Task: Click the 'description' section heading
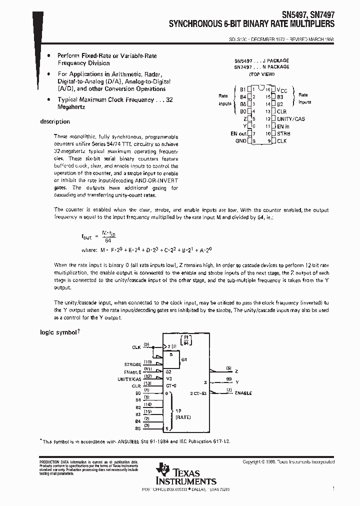(x=55, y=121)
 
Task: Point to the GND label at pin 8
(x=241, y=141)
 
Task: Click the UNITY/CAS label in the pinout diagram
(x=290, y=119)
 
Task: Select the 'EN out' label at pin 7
(x=238, y=134)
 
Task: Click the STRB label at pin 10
(x=283, y=134)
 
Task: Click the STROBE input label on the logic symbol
(x=132, y=365)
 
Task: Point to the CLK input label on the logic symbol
(x=136, y=346)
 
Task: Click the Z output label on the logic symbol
(x=236, y=371)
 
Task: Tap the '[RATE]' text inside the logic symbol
(x=183, y=416)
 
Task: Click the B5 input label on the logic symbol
(x=138, y=428)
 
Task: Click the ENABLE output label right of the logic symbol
(x=243, y=393)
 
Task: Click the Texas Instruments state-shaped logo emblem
(x=163, y=470)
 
